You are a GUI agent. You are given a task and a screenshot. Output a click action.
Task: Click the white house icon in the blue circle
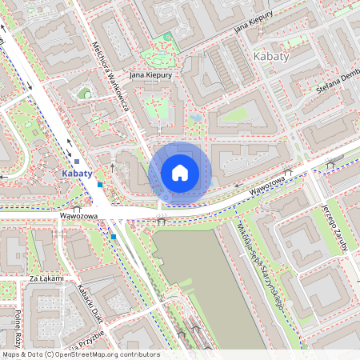[180, 173]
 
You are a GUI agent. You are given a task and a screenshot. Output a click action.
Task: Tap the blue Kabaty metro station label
[77, 173]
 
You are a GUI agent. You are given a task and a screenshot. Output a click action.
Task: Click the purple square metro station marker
[76, 162]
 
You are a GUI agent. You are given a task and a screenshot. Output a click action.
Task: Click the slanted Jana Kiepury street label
[254, 26]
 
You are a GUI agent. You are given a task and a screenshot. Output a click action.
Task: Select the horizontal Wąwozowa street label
[78, 216]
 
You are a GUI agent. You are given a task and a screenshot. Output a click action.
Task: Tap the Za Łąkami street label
[46, 278]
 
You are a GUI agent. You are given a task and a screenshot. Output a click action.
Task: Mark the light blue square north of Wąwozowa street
[99, 185]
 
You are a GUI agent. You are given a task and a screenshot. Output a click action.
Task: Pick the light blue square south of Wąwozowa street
[114, 237]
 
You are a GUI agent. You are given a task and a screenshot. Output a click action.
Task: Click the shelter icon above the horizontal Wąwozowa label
[77, 206]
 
